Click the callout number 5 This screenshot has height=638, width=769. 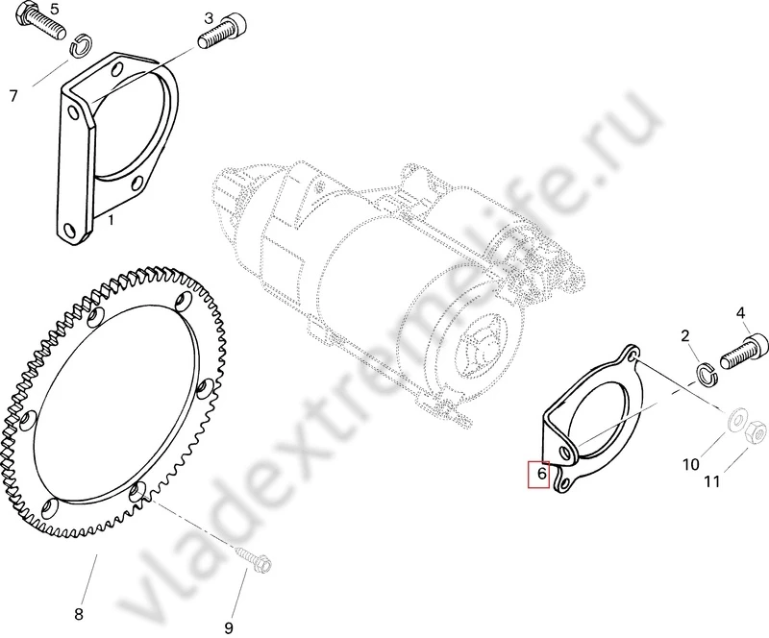54,10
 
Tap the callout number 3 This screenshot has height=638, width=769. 209,19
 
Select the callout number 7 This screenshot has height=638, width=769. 13,96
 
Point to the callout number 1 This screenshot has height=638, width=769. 111,220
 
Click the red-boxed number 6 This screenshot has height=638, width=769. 541,475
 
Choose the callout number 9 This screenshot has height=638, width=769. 229,627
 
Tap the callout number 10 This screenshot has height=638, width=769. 690,464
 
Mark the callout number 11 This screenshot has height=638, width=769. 711,481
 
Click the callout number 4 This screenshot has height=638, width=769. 740,313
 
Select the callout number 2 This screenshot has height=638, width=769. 684,336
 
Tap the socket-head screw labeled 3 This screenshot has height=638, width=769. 222,31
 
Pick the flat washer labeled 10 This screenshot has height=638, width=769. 735,420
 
